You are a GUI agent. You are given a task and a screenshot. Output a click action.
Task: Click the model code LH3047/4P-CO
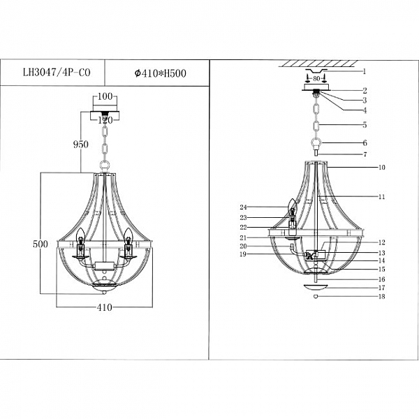[57, 73]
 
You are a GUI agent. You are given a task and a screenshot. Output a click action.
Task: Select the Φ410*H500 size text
[161, 73]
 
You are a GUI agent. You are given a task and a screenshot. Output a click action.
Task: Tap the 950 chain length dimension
[81, 145]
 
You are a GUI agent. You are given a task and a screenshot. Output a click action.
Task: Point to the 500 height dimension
[41, 244]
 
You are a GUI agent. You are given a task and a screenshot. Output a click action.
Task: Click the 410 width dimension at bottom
[105, 307]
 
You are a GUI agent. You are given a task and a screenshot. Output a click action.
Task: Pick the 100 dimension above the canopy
[105, 96]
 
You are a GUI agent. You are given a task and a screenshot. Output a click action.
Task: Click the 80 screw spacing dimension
[316, 78]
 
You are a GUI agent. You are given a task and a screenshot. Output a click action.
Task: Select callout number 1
[364, 71]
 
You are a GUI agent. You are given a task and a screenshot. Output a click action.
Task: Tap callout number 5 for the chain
[365, 125]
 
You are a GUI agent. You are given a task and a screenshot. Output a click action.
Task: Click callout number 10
[382, 168]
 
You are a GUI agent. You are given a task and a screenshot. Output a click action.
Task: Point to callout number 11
[382, 197]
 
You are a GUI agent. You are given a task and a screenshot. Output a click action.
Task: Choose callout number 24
[243, 207]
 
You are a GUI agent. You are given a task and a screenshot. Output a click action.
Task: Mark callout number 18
[382, 296]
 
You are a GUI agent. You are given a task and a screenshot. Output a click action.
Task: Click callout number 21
[243, 238]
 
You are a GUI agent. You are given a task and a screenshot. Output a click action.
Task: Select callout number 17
[382, 288]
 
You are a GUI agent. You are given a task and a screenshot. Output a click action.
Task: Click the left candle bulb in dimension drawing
[80, 235]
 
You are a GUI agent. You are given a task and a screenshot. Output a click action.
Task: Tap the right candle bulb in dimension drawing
[128, 235]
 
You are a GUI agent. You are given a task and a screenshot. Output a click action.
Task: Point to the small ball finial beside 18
[316, 297]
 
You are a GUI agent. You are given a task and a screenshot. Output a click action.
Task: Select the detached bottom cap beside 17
[316, 288]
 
